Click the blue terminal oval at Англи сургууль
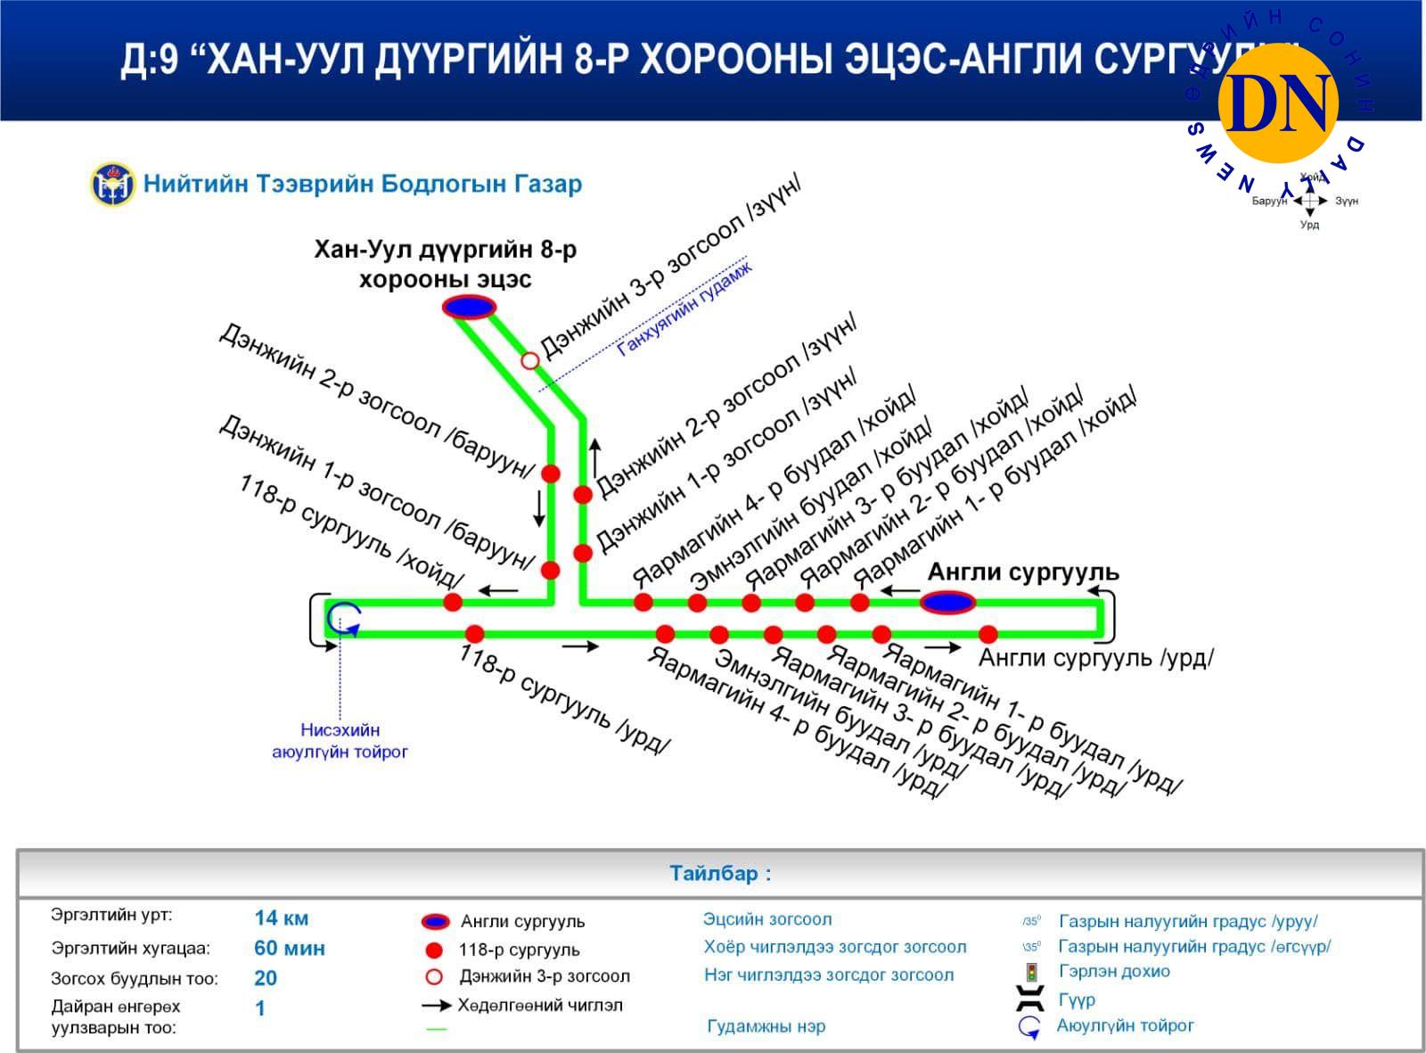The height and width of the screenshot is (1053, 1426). (x=947, y=603)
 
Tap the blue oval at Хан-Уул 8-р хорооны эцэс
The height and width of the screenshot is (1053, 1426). (x=469, y=308)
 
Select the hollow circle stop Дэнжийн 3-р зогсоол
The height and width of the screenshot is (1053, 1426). (x=530, y=360)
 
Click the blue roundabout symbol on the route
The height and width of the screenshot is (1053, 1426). (x=343, y=617)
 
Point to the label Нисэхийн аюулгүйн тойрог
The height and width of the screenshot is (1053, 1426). (x=340, y=741)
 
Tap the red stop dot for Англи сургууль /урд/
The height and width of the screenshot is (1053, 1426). (x=988, y=635)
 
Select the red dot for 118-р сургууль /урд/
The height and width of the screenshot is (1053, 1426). (x=474, y=634)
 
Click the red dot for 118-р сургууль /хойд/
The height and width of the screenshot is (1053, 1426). (x=453, y=602)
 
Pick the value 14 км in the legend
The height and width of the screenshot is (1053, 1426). (x=282, y=917)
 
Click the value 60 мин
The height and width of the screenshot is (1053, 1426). (x=290, y=948)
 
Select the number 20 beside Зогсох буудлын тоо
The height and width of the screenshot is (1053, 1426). (x=266, y=978)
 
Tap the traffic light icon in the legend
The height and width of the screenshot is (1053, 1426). (x=1031, y=972)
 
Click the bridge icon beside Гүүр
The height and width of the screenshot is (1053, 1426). (x=1031, y=999)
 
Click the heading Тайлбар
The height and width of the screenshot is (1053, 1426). (x=720, y=873)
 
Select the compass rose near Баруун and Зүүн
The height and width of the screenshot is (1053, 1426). (x=1309, y=202)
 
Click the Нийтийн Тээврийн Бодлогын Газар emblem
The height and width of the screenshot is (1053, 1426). (x=112, y=185)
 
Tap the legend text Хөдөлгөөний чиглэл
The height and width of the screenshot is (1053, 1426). (x=540, y=1006)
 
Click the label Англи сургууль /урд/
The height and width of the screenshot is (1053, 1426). (x=1095, y=659)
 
